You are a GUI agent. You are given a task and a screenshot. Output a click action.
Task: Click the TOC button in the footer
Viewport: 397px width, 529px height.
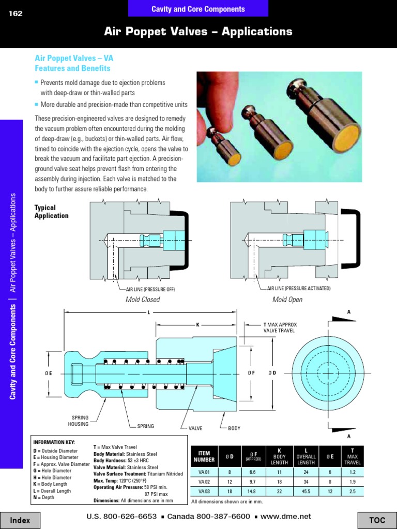(x=377, y=520)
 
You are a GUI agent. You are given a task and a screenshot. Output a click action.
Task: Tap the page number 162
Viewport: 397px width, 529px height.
(x=16, y=14)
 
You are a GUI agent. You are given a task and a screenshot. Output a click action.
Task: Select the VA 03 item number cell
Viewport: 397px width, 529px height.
(x=204, y=491)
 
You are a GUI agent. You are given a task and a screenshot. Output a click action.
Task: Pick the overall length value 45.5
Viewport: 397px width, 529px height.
(x=306, y=491)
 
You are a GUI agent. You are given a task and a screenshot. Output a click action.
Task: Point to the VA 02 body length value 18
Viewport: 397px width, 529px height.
(x=279, y=481)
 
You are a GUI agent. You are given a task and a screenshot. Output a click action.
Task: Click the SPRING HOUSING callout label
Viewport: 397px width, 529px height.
(x=78, y=421)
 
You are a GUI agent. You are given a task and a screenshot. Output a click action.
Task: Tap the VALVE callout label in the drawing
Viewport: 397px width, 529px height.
(x=195, y=428)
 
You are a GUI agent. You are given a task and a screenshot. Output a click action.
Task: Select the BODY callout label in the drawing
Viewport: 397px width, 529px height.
(x=234, y=428)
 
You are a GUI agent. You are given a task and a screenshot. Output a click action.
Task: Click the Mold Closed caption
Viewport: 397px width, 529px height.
(x=143, y=300)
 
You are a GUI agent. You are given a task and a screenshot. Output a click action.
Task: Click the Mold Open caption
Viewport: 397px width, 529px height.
(x=287, y=300)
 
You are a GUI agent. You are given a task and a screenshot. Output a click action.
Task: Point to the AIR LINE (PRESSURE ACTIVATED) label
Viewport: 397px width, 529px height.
(x=298, y=288)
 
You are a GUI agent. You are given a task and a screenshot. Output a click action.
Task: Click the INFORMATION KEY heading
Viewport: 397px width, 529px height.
(x=54, y=442)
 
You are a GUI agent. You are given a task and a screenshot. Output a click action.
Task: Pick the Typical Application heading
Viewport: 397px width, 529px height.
(x=51, y=212)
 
